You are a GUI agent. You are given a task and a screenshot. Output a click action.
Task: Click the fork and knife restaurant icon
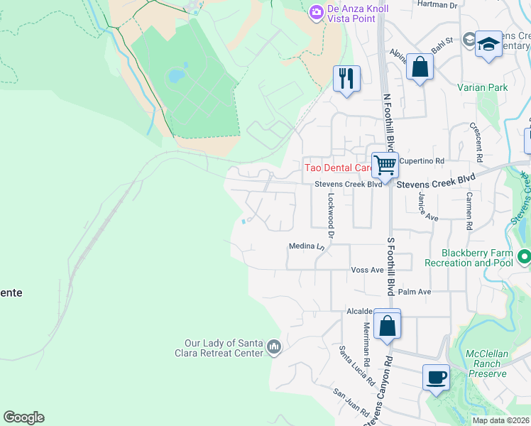click(x=346, y=77)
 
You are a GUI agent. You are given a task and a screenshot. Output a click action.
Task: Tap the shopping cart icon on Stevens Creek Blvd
click(x=385, y=165)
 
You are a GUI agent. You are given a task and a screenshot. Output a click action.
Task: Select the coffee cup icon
click(x=436, y=376)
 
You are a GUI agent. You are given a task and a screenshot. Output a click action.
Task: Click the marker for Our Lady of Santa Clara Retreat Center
click(x=274, y=346)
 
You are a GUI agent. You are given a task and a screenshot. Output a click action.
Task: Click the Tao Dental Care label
click(x=339, y=168)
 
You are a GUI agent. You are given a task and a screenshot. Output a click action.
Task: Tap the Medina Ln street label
click(x=306, y=246)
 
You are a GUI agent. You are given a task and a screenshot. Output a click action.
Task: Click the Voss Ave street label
click(x=367, y=271)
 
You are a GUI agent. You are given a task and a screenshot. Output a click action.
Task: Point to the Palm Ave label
click(x=415, y=292)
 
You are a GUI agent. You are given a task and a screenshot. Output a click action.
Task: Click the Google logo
click(x=23, y=417)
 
